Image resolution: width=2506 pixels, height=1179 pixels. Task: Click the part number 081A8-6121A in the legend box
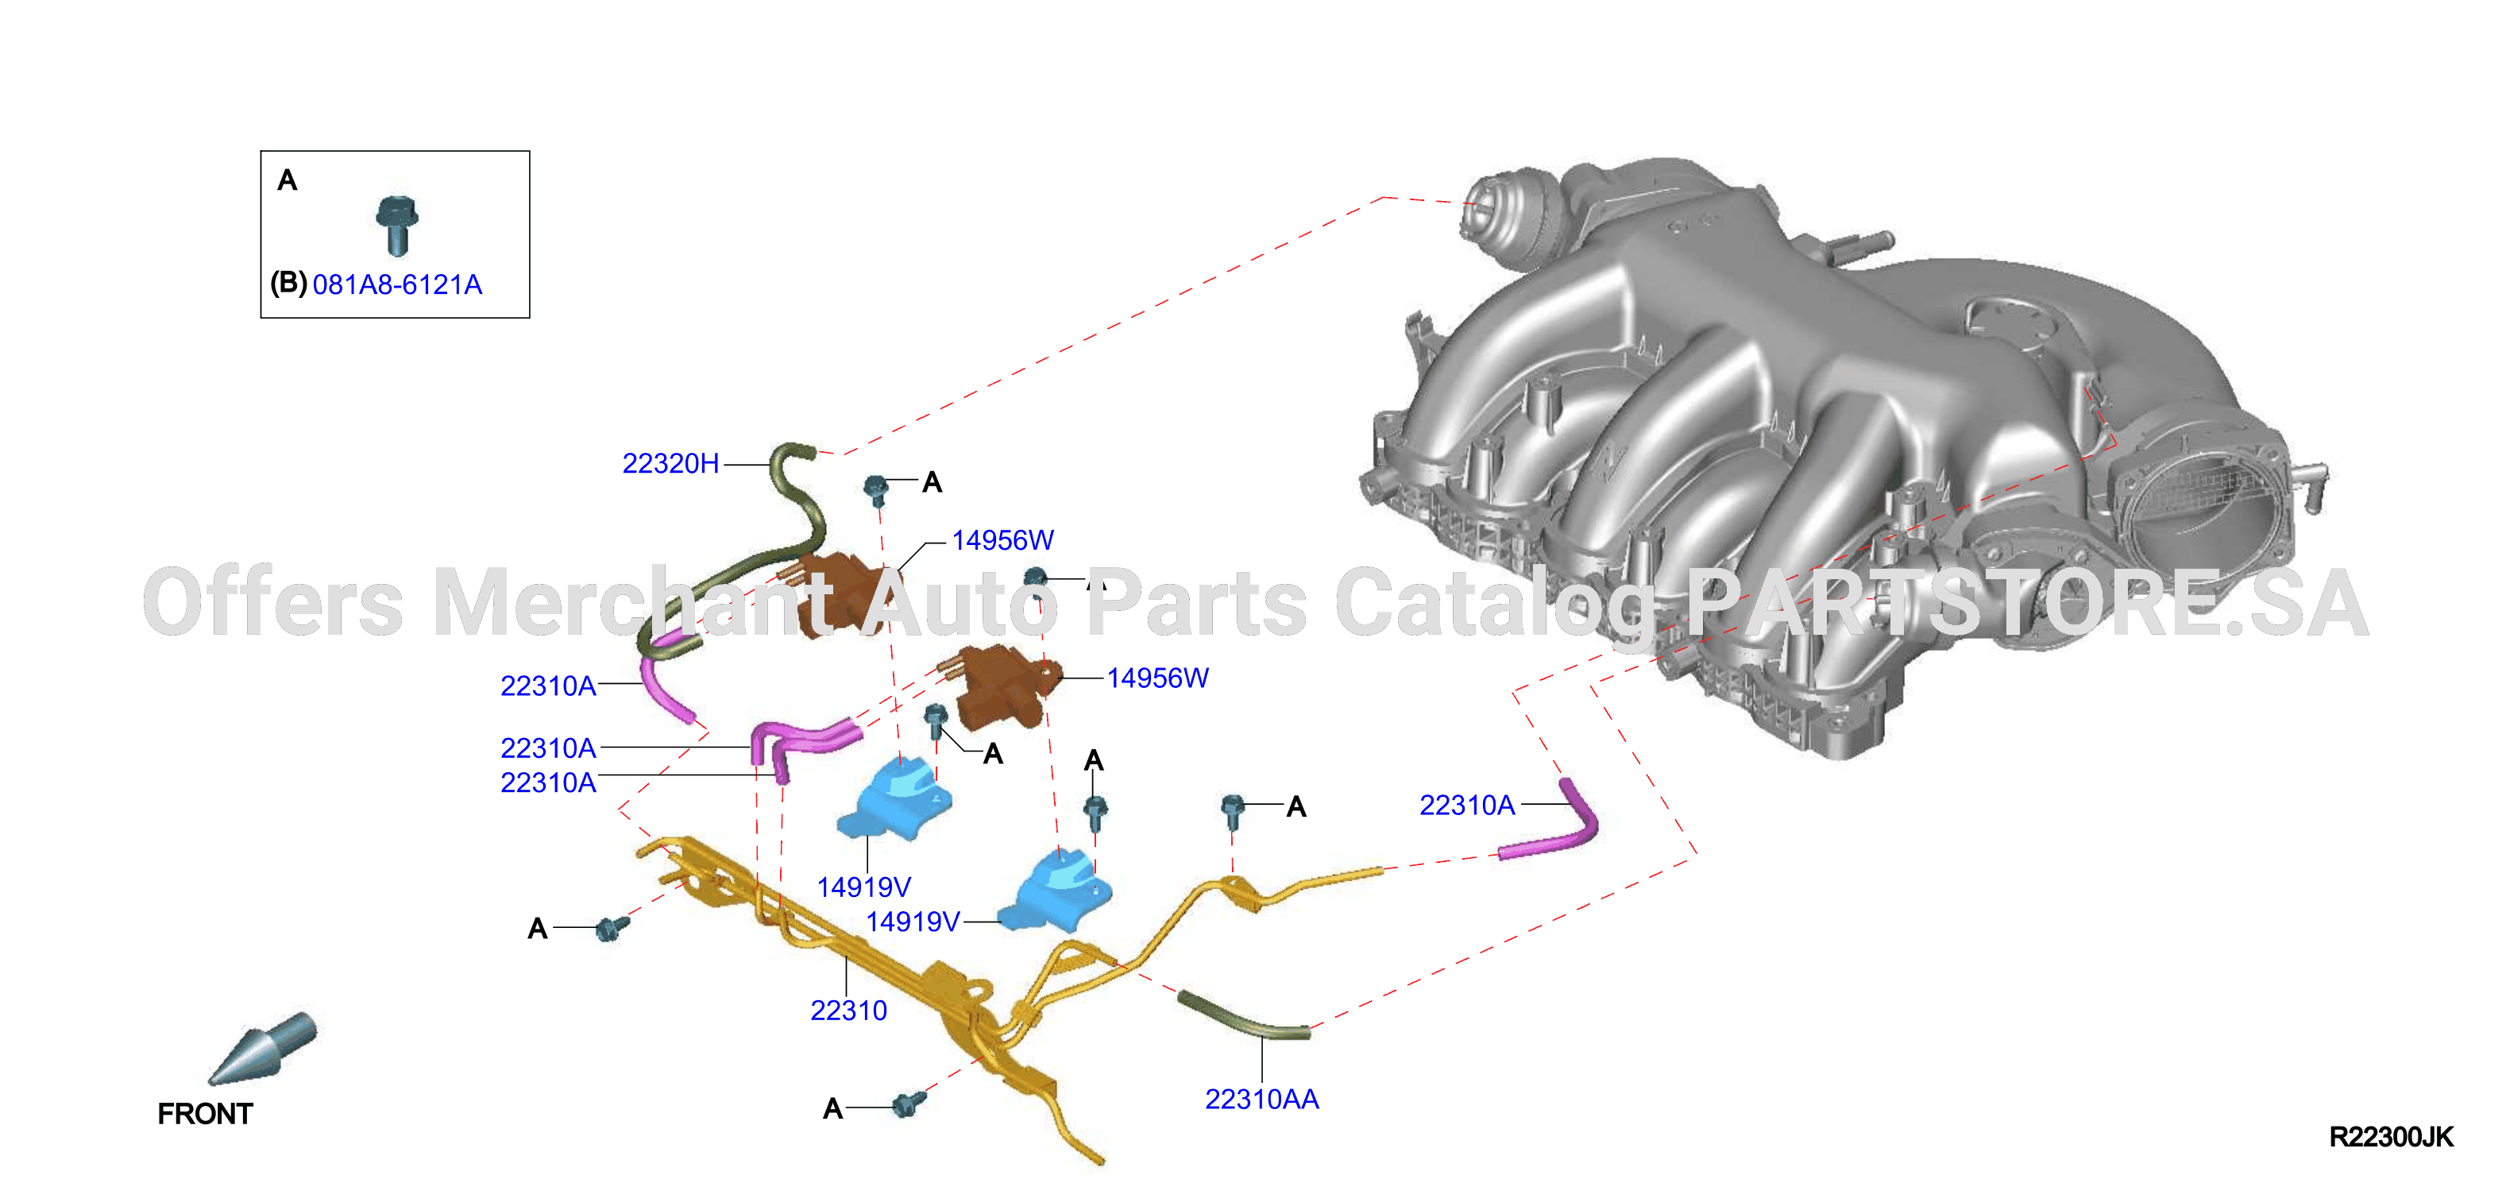coord(397,284)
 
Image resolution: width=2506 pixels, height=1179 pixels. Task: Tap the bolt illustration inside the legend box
coord(397,225)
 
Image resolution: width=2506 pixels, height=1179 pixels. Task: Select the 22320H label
coord(670,463)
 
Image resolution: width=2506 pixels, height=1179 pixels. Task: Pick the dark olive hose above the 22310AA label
coord(1243,1018)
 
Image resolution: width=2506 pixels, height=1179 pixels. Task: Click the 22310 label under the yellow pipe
coord(848,1010)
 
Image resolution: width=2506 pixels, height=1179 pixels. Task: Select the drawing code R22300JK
coord(2390,1136)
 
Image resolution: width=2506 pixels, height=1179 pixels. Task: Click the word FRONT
coord(205,1113)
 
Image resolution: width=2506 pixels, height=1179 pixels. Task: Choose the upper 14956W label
coord(1002,540)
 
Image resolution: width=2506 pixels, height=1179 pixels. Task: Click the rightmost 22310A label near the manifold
coord(1467,806)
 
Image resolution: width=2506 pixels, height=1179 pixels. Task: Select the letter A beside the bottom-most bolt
coord(832,1108)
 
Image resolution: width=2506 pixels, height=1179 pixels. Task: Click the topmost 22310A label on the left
coord(548,686)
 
